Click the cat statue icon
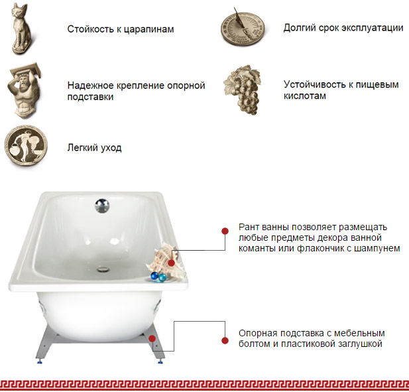21,29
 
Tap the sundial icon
243,27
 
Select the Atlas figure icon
25,90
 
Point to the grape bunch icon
243,90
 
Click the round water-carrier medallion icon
26,145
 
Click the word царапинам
148,29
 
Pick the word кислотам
305,96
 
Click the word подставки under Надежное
90,97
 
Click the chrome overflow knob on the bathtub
102,206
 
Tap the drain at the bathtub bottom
103,269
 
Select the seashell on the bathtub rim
165,260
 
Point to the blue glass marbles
158,277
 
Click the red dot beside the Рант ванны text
225,231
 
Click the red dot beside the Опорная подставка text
225,340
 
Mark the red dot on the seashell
172,263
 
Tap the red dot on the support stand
152,338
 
